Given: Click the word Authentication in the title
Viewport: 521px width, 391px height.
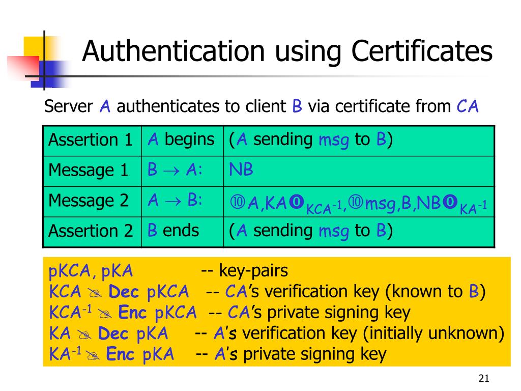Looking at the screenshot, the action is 173,51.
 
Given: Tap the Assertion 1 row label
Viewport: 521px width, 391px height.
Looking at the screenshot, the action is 90,140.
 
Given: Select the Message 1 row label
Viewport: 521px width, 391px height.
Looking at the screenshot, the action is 88,170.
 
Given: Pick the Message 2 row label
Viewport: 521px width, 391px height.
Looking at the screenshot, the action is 88,201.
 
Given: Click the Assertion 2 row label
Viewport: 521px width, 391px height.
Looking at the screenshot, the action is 90,231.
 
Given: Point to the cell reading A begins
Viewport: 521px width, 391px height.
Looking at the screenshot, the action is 181,139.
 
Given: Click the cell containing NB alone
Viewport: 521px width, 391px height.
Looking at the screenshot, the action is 241,170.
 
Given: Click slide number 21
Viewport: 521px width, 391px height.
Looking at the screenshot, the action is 483,378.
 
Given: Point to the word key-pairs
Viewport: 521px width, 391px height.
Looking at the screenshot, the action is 253,271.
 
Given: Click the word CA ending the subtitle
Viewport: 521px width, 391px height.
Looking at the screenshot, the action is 468,106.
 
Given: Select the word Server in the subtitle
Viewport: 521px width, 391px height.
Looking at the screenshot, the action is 69,107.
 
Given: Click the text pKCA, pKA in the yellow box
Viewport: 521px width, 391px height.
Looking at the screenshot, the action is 91,271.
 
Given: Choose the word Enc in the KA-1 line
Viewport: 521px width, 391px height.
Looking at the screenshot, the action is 120,354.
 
